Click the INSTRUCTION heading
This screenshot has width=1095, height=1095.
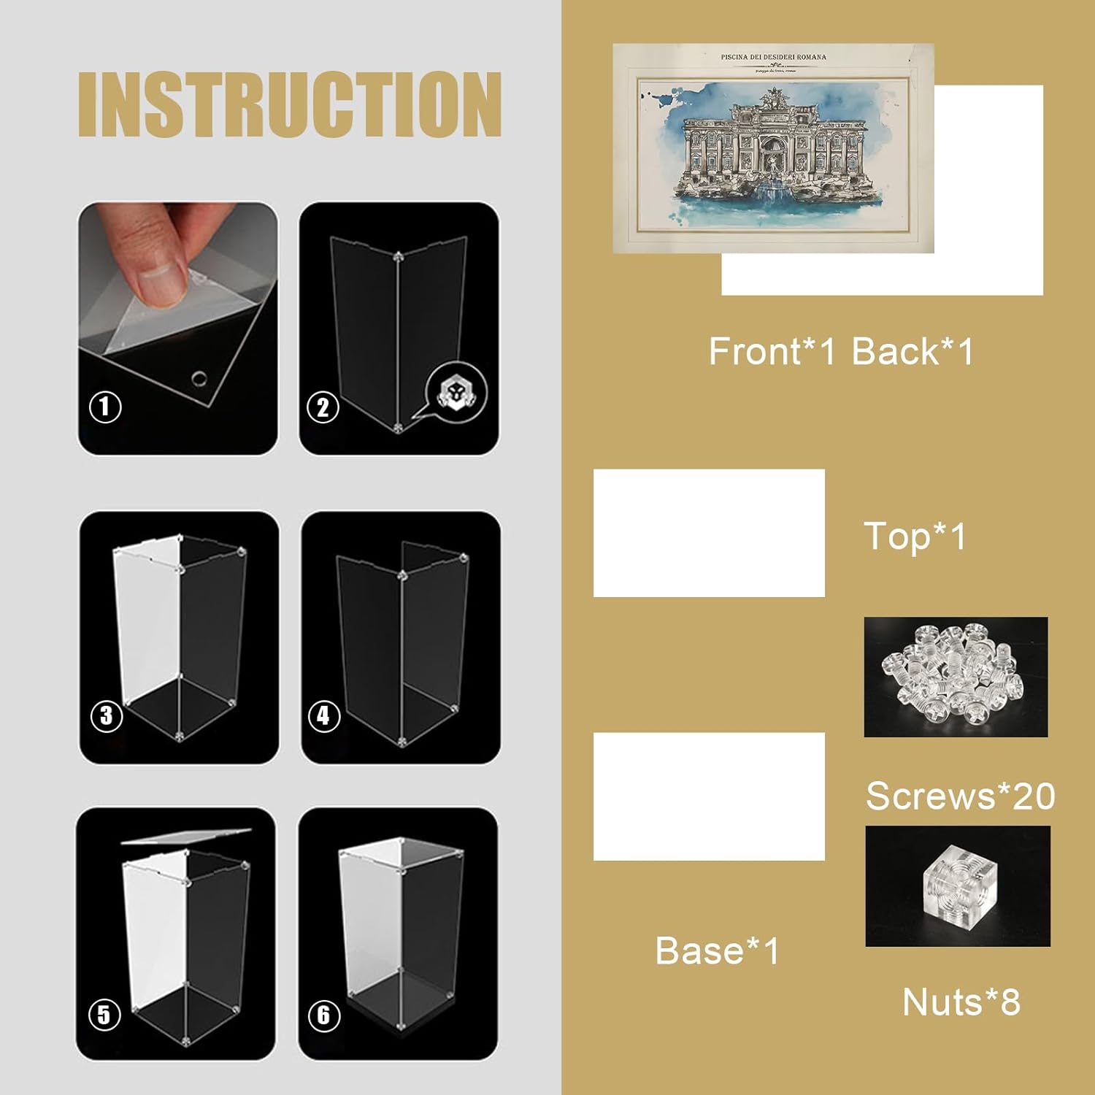(x=290, y=104)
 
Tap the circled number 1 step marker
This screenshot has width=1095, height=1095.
(x=105, y=407)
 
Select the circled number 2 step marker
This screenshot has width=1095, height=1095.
(x=323, y=407)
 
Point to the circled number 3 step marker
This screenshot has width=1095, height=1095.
(x=107, y=715)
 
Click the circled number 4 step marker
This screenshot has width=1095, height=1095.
(x=324, y=715)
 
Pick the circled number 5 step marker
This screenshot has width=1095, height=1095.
(x=104, y=1014)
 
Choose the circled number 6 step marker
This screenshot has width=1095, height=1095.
(x=324, y=1015)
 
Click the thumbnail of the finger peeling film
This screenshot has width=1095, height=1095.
(x=177, y=328)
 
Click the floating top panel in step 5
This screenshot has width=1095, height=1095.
(x=186, y=835)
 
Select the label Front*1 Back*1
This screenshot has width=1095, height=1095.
(x=841, y=352)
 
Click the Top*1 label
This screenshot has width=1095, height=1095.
(x=915, y=537)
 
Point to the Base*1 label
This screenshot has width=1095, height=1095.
(x=718, y=951)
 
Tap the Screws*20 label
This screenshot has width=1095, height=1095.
(x=960, y=796)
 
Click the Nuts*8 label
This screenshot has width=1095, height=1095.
(x=961, y=1002)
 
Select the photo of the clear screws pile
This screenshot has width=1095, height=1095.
(x=956, y=677)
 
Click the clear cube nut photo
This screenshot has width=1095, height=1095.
(x=958, y=886)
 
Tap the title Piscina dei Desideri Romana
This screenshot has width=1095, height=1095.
(x=773, y=57)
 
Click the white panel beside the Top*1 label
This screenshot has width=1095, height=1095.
(x=709, y=533)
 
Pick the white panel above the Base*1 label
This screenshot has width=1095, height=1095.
(x=709, y=796)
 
